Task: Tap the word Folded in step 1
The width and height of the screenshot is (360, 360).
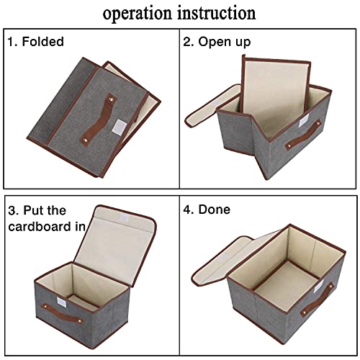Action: pos(44,42)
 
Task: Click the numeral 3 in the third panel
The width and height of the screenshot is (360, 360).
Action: pos(12,210)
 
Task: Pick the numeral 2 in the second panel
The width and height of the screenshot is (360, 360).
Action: pos(186,42)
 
